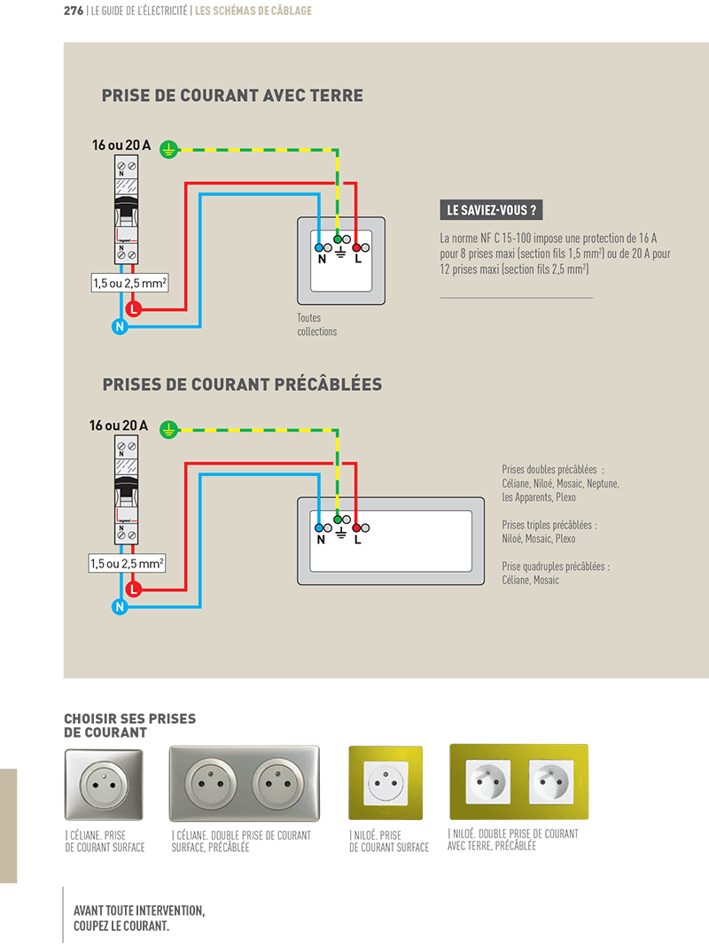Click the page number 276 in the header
point(74,12)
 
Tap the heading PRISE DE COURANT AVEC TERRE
point(232,96)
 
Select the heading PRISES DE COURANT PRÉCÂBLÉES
point(242,385)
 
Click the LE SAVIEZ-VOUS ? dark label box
point(491,210)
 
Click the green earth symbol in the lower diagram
point(168,430)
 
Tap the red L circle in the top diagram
point(133,309)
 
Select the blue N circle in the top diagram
point(120,327)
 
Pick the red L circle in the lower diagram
point(133,589)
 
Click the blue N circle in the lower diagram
point(120,607)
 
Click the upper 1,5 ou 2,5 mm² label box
point(130,284)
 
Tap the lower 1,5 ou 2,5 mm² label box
point(128,563)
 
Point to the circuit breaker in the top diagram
point(126,211)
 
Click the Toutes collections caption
point(317,324)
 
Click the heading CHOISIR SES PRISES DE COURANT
point(129,725)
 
